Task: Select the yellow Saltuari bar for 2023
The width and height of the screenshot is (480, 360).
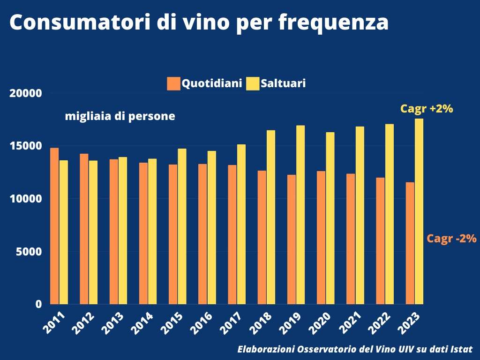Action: tap(419, 211)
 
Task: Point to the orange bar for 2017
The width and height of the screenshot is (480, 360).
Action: tap(232, 234)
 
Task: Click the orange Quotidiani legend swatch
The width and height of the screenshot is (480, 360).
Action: tap(173, 84)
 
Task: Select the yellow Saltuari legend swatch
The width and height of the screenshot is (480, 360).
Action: tap(253, 84)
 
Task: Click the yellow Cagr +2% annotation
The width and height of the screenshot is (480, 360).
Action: tap(426, 109)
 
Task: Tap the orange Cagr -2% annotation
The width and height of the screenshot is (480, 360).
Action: tap(451, 239)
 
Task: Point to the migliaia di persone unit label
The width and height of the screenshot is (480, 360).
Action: tap(120, 116)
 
